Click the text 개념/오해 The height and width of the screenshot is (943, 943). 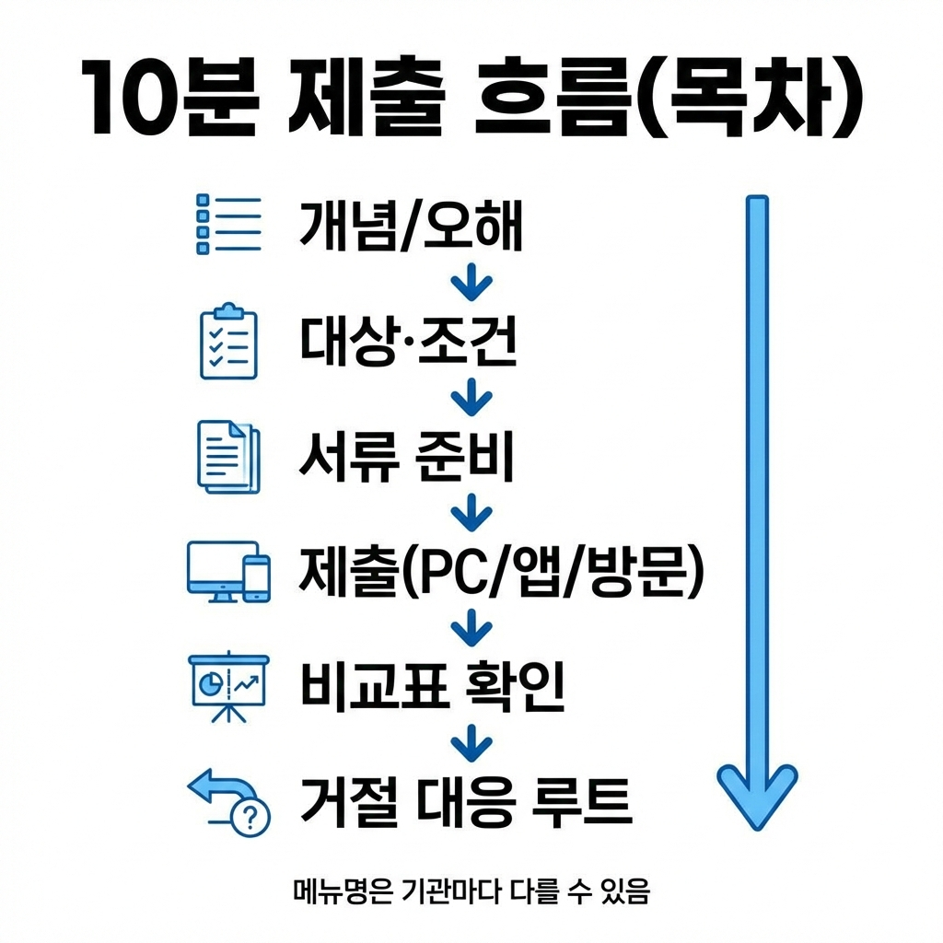click(411, 227)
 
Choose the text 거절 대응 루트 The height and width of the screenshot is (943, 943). click(466, 801)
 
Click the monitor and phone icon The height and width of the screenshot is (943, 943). click(229, 572)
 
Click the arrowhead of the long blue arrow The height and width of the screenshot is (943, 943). click(756, 792)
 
